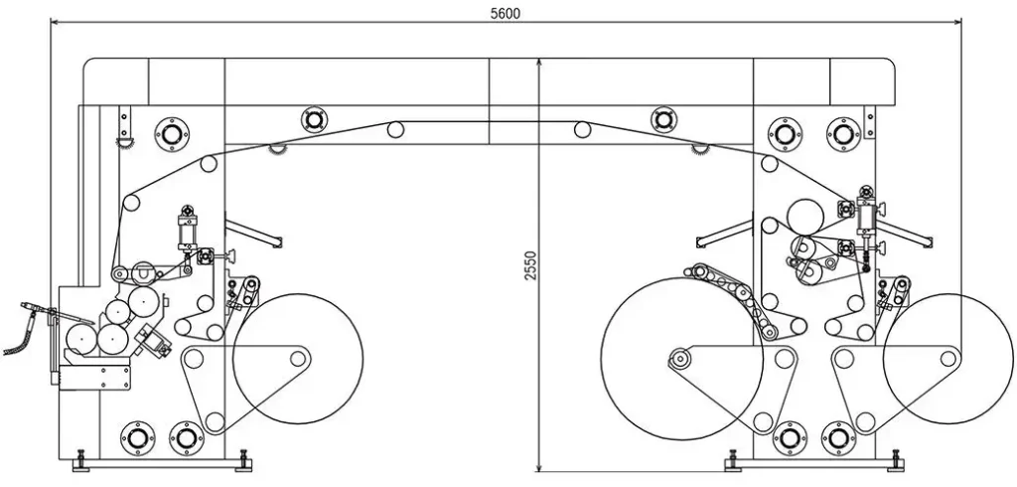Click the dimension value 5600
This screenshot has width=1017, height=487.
[x=506, y=14]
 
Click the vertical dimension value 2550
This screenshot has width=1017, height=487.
[x=531, y=265]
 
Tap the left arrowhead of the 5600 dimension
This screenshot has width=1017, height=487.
[x=56, y=22]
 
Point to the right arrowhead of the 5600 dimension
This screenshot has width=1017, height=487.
[x=956, y=22]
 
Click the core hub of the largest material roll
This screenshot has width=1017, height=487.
[x=679, y=358]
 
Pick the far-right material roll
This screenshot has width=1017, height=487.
[x=947, y=359]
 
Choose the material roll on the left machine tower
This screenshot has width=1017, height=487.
[x=298, y=359]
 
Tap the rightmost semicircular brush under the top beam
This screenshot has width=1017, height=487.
[x=700, y=150]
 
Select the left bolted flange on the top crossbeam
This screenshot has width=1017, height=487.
[x=314, y=119]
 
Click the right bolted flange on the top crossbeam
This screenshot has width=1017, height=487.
[x=663, y=119]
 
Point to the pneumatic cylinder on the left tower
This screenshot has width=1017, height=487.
[x=188, y=228]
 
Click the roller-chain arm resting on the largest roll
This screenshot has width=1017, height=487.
[x=733, y=299]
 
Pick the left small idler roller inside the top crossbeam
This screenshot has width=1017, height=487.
[x=395, y=130]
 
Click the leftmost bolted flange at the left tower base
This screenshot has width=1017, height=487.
[x=137, y=438]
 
